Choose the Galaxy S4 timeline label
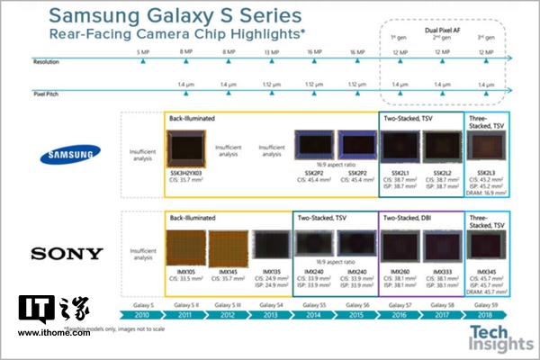pyautogui.click(x=273, y=306)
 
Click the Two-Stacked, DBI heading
pyautogui.click(x=410, y=218)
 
